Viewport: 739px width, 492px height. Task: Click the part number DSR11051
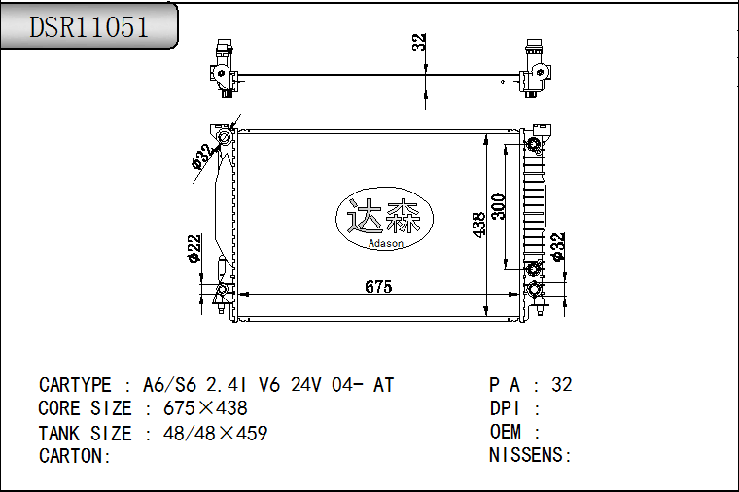pyautogui.click(x=89, y=27)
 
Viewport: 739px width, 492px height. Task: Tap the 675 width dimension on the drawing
pyautogui.click(x=378, y=287)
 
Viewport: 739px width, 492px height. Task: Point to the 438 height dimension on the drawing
pyautogui.click(x=478, y=225)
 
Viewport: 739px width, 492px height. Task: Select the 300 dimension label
pyautogui.click(x=498, y=207)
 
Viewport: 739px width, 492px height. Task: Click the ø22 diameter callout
pyautogui.click(x=194, y=248)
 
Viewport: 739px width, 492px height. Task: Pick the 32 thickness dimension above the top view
pyautogui.click(x=418, y=42)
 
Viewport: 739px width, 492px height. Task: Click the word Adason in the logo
pyautogui.click(x=385, y=243)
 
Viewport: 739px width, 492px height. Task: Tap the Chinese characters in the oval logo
pyautogui.click(x=384, y=216)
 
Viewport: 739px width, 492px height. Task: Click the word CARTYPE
pyautogui.click(x=75, y=385)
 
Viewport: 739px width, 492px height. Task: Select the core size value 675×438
pyautogui.click(x=205, y=408)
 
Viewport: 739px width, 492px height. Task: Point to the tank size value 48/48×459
pyautogui.click(x=216, y=433)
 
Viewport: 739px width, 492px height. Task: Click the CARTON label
pyautogui.click(x=75, y=456)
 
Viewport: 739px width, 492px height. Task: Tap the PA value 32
pyautogui.click(x=562, y=385)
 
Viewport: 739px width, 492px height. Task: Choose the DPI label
pyautogui.click(x=505, y=408)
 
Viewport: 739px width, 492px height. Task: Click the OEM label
pyautogui.click(x=506, y=432)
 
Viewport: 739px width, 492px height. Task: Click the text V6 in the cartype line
pyautogui.click(x=269, y=385)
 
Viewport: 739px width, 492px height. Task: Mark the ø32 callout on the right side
pyautogui.click(x=557, y=246)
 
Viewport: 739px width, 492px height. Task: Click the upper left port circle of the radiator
pyautogui.click(x=225, y=138)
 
